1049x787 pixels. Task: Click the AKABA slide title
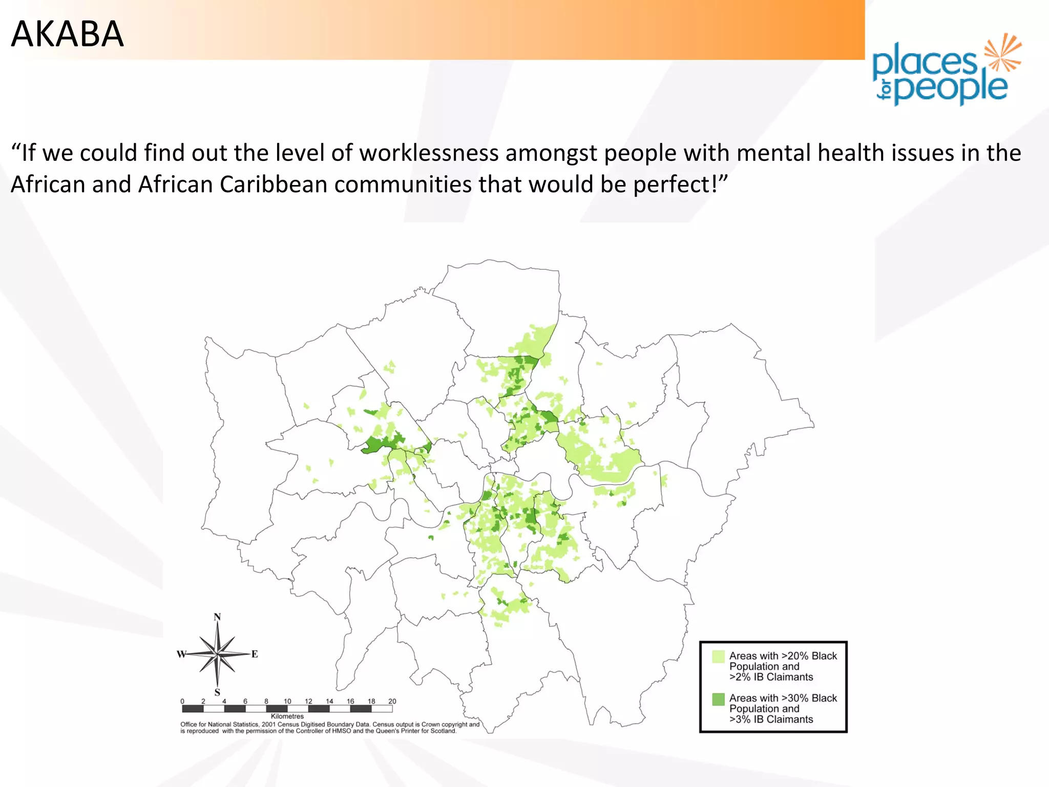(67, 34)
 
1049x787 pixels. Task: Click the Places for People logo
(945, 72)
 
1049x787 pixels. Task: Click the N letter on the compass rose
(217, 617)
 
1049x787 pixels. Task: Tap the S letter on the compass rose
(217, 692)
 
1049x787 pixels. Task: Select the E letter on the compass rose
(255, 654)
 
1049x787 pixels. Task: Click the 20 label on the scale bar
(392, 701)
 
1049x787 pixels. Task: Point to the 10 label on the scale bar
(287, 701)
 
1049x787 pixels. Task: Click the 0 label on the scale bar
(182, 701)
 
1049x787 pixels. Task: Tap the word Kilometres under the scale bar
(287, 716)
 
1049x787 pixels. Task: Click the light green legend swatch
(718, 657)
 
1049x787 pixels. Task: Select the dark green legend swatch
(718, 699)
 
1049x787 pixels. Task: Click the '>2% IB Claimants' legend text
(771, 677)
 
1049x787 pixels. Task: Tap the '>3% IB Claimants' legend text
(771, 719)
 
